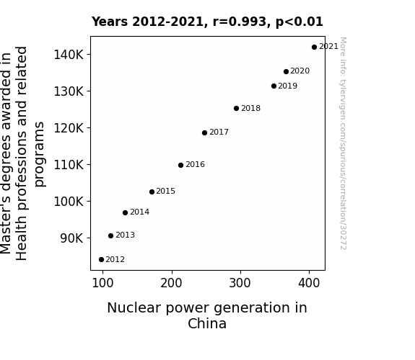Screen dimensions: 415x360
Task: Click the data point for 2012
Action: coord(101,260)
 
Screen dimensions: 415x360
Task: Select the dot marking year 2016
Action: coord(180,166)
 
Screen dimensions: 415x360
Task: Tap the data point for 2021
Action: coord(314,48)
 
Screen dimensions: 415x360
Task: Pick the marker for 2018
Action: coord(236,108)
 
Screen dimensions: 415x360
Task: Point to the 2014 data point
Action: coord(125,212)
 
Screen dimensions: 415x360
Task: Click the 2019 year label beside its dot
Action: coord(288,86)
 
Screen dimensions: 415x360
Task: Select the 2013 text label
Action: coord(125,235)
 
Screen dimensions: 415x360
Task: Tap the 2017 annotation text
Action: coord(219,132)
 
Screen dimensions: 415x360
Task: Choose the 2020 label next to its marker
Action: coord(300,71)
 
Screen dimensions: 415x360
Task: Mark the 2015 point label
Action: coord(166,191)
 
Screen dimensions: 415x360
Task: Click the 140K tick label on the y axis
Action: coord(69,55)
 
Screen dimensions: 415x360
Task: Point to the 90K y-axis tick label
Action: coord(71,238)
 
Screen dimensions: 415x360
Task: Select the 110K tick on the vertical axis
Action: coord(69,165)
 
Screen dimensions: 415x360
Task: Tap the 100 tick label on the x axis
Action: coord(102,283)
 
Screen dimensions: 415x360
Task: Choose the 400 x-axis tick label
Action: coord(309,283)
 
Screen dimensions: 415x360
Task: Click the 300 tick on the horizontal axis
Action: coord(240,283)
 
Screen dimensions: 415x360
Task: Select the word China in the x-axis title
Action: coord(207,323)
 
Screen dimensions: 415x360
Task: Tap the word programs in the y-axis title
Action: coord(40,154)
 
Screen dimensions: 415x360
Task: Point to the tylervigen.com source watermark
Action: coord(343,143)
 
